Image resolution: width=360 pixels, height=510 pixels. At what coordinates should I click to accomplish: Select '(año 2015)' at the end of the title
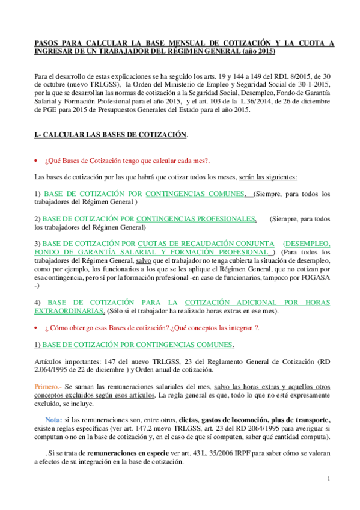(x=258, y=52)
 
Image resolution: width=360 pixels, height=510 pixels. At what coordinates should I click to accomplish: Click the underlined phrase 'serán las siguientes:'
(x=264, y=177)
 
